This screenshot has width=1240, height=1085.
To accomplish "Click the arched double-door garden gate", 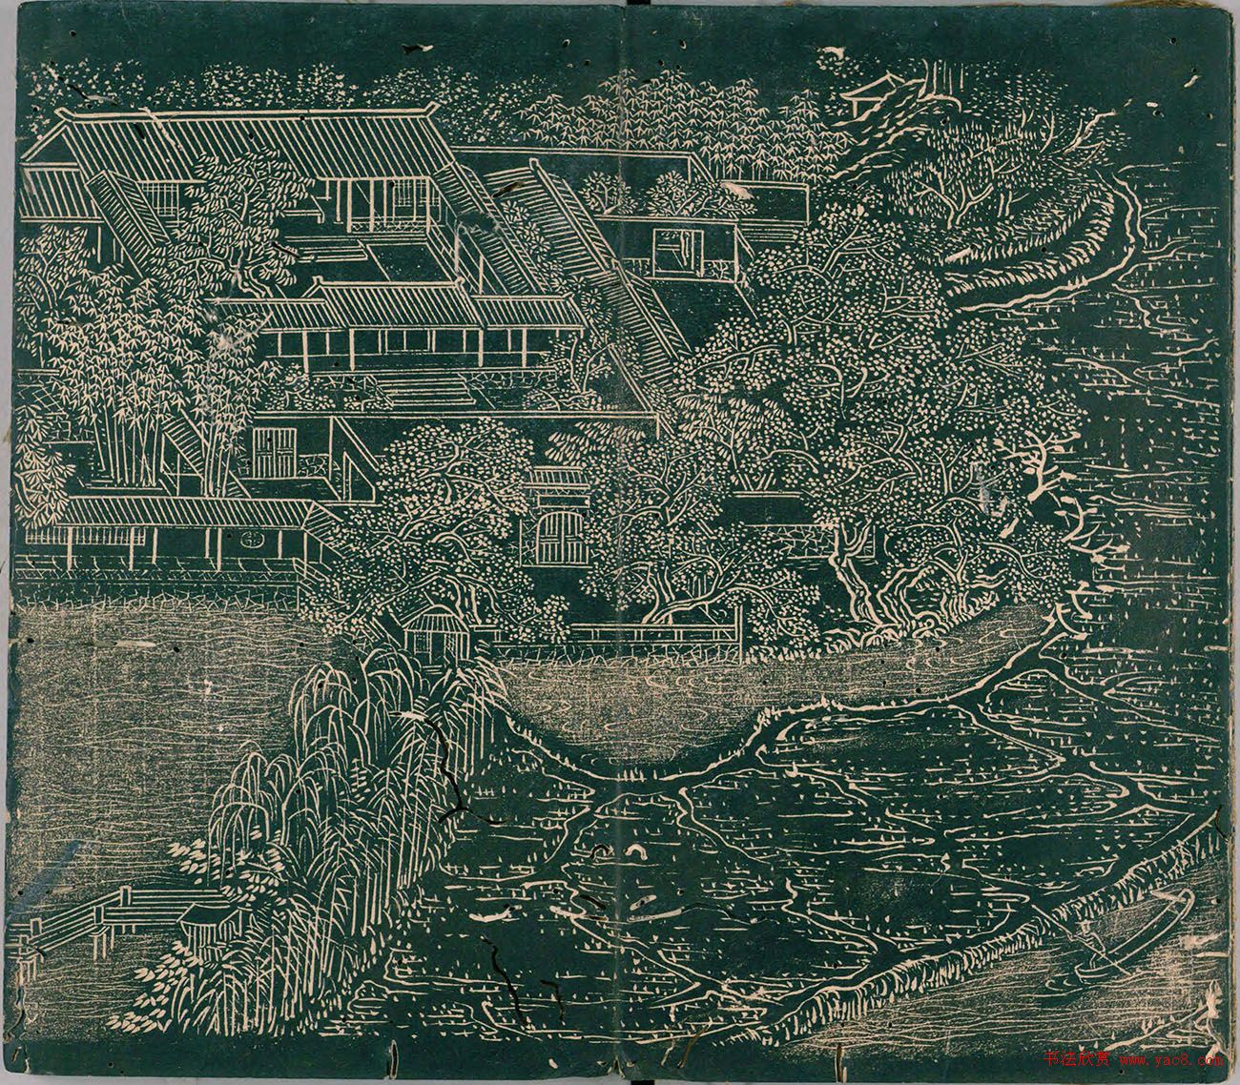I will coord(551,538).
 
